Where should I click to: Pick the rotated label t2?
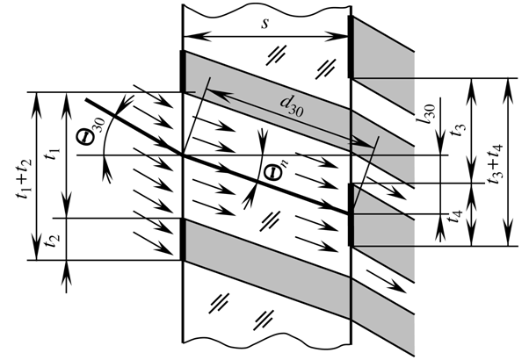click(x=54, y=238)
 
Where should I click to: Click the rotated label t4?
click(x=455, y=212)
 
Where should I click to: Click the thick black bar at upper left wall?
click(x=183, y=72)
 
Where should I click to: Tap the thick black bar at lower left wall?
click(x=183, y=239)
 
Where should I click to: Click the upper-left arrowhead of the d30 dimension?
click(x=208, y=87)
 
